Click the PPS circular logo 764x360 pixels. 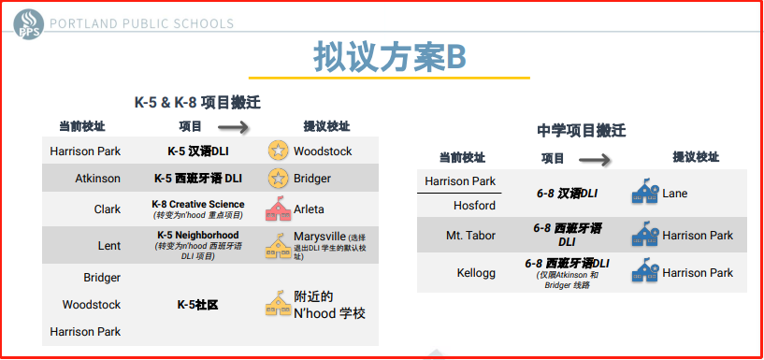pos(29,24)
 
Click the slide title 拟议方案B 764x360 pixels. pos(389,57)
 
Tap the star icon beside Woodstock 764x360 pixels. pos(279,151)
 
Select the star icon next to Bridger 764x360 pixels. pos(279,178)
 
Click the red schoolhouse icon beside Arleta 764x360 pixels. pos(279,209)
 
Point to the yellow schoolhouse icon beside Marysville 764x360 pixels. pos(279,246)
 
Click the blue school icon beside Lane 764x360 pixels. pos(645,192)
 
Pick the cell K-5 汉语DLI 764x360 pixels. pos(198,151)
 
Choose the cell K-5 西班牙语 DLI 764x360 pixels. pos(198,179)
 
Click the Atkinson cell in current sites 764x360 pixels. pos(97,179)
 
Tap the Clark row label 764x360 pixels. pos(108,209)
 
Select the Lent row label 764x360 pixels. pos(109,246)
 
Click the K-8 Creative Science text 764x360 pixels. pos(198,204)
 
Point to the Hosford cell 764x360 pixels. pos(474,206)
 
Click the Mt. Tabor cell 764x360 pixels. pos(470,236)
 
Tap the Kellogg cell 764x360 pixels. pos(476,273)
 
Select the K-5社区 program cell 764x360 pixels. pos(198,305)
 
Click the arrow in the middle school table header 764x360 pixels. pos(595,159)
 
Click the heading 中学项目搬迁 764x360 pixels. pos(582,131)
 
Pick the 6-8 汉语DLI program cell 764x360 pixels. pos(567,194)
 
